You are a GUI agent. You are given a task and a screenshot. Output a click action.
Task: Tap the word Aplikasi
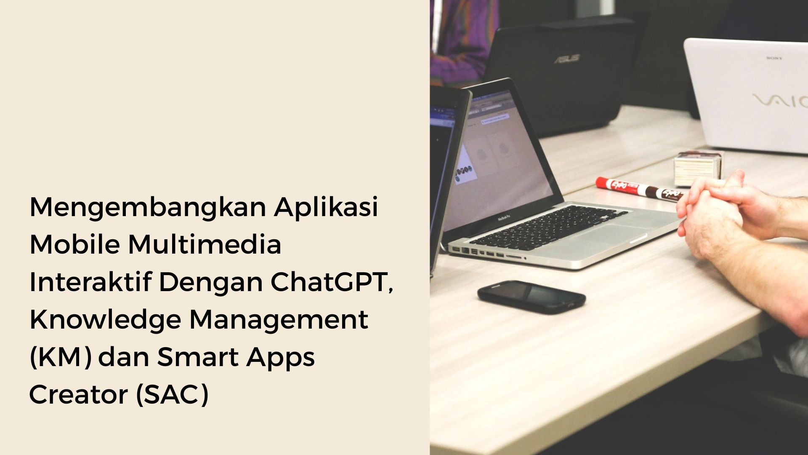point(326,208)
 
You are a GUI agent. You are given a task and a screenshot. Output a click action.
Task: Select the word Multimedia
point(205,245)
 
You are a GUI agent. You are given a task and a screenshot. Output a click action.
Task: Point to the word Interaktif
point(90,282)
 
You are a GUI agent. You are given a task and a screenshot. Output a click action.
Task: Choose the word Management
point(279,320)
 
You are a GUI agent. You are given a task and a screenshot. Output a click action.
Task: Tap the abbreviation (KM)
point(61,357)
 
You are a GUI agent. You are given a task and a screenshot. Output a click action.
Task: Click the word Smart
point(198,357)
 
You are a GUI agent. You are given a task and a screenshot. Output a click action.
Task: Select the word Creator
point(78,395)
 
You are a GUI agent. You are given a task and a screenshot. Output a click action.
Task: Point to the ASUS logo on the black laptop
point(566,59)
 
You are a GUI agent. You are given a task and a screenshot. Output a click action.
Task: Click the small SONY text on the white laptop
point(774,58)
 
